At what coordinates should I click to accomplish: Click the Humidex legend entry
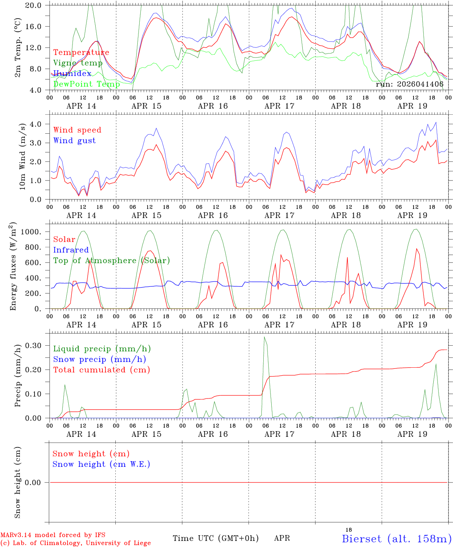(x=72, y=73)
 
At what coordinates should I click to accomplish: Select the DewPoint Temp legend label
(x=87, y=84)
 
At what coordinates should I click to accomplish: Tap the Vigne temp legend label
(x=78, y=63)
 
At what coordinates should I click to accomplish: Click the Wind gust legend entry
(x=74, y=141)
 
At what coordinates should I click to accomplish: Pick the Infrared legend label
(x=71, y=250)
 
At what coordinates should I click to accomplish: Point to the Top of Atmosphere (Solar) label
(x=111, y=261)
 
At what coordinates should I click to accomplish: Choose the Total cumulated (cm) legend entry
(x=101, y=370)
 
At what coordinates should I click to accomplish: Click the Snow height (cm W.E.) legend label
(x=101, y=464)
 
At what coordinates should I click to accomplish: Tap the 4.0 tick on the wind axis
(x=39, y=124)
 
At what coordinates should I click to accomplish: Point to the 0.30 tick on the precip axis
(x=38, y=345)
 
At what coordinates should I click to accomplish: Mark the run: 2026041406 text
(x=409, y=84)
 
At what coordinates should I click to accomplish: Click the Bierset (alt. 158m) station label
(x=396, y=538)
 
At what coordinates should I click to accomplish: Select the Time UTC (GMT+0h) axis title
(x=215, y=538)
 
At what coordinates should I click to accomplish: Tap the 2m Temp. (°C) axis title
(x=18, y=47)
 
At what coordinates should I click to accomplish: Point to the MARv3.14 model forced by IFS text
(x=53, y=535)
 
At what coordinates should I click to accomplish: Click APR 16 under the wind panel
(x=213, y=215)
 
